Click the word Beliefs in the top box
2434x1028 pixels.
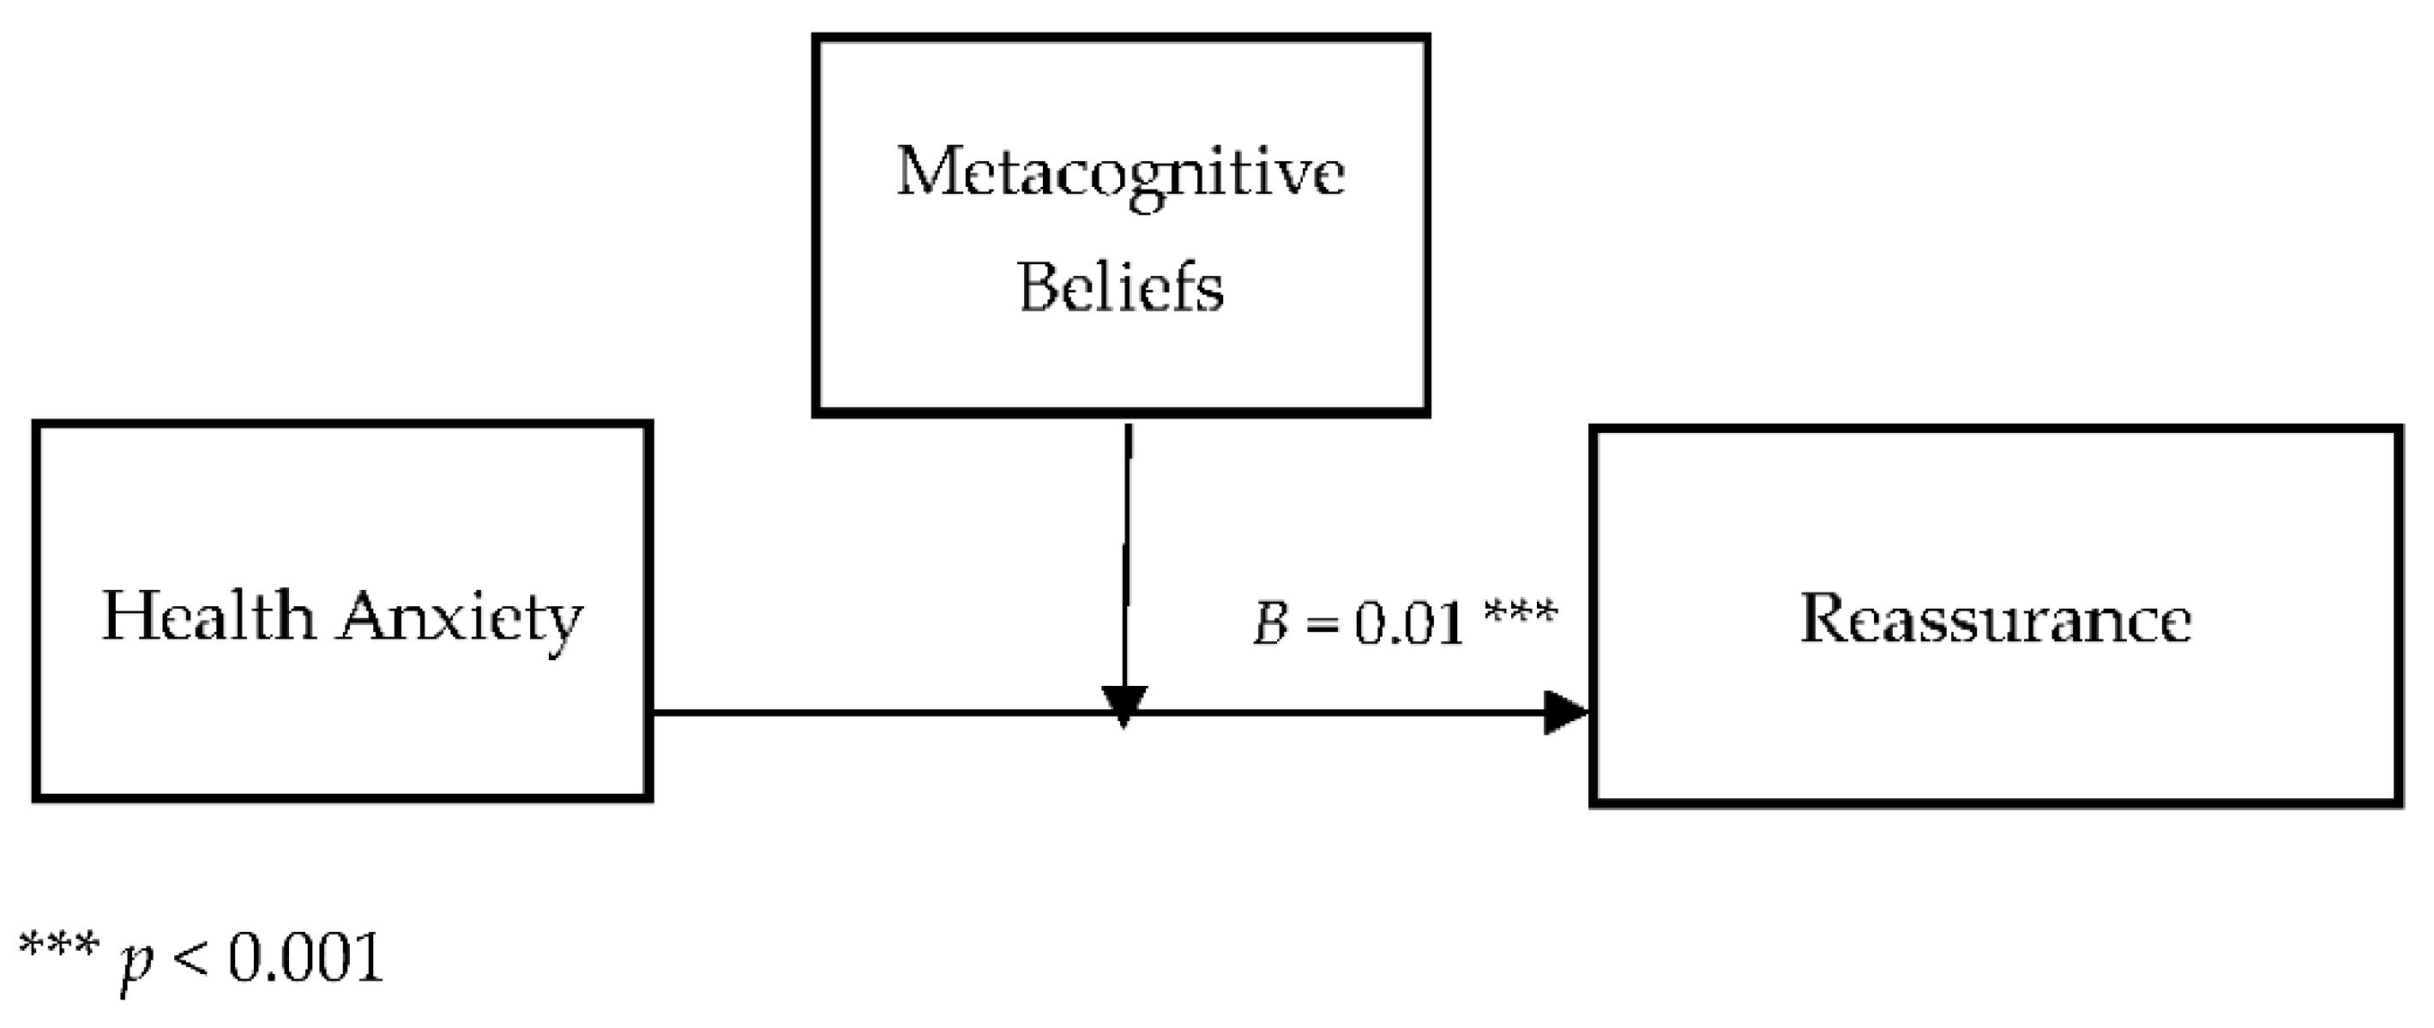[x=1121, y=288]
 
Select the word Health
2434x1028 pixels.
[x=208, y=617]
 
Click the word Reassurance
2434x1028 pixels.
[x=1995, y=619]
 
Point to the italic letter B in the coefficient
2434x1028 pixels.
[x=1271, y=623]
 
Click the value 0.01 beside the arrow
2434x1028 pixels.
[x=1409, y=623]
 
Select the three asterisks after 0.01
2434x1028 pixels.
[x=1521, y=614]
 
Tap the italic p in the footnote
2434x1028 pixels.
[x=137, y=962]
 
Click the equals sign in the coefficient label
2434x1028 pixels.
[x=1322, y=626]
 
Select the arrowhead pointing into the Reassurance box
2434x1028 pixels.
[x=1567, y=712]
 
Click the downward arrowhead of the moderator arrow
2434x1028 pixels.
[x=1124, y=705]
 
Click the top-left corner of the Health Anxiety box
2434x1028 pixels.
[x=37, y=425]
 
